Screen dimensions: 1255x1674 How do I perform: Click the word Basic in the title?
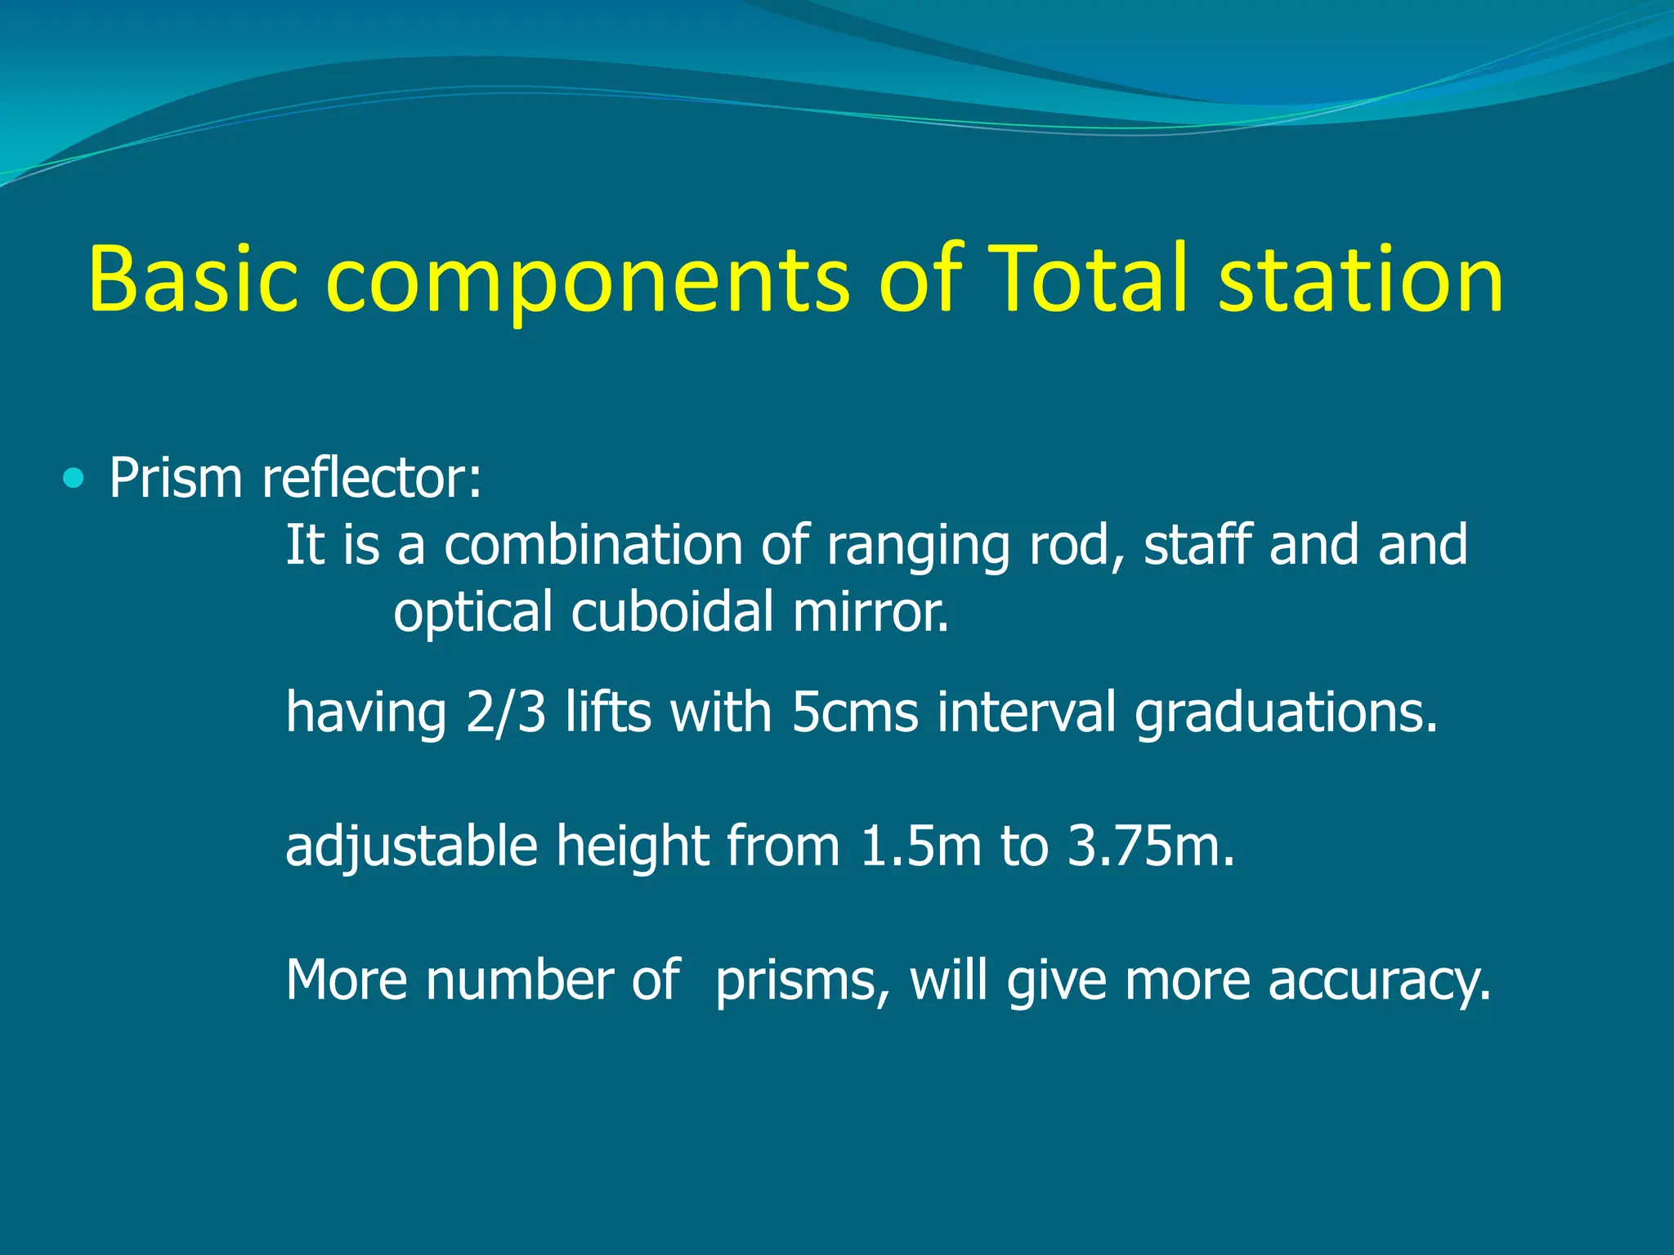click(x=193, y=280)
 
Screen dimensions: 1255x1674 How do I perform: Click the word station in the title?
click(x=1360, y=280)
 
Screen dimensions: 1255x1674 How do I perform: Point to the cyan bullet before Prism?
click(x=74, y=478)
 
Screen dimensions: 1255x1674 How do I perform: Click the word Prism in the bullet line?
click(x=176, y=478)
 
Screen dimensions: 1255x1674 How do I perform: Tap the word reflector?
click(x=372, y=478)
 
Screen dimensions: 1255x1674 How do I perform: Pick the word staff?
click(x=1197, y=545)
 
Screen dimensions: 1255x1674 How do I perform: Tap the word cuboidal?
click(x=672, y=612)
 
